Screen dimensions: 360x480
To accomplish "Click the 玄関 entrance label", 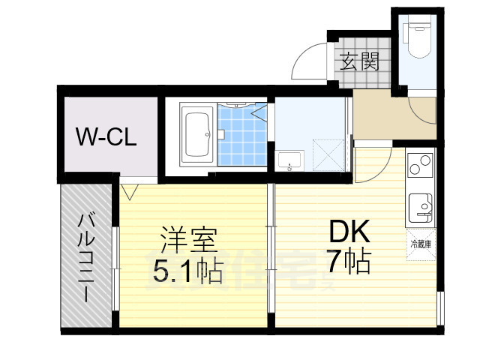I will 359,62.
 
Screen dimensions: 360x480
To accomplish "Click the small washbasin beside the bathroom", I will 289,160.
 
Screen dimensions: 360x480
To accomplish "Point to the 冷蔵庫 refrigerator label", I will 421,244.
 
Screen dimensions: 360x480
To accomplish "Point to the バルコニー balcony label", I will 87,255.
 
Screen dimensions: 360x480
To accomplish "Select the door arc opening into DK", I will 379,161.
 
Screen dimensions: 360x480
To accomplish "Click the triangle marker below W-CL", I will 128,192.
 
